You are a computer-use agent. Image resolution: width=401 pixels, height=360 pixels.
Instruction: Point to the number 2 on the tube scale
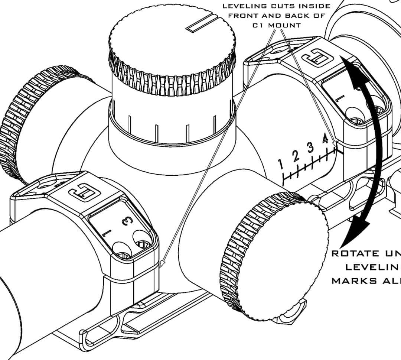point(296,156)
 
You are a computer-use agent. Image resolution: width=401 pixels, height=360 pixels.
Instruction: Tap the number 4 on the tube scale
point(325,139)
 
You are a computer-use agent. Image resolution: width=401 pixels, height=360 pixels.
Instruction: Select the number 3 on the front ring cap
point(127,221)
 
